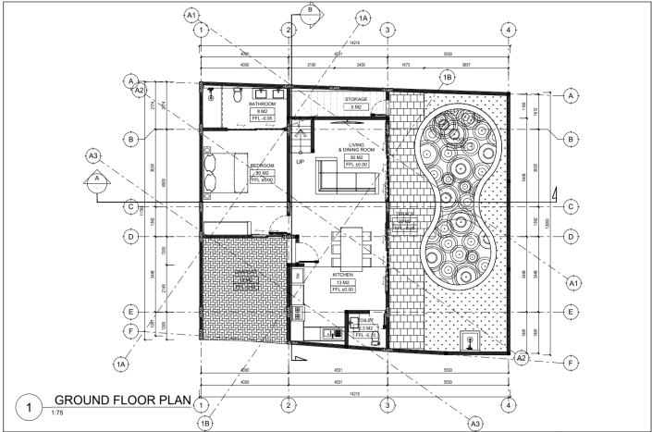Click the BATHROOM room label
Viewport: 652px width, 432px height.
(x=264, y=105)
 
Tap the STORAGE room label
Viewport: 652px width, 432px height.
(x=355, y=99)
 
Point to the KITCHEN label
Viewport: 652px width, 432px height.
(x=343, y=275)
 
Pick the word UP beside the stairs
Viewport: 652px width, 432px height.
(x=300, y=162)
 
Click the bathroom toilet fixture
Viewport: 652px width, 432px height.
(x=238, y=94)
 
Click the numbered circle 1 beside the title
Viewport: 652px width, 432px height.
(x=31, y=405)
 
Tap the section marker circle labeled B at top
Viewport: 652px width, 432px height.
(x=310, y=9)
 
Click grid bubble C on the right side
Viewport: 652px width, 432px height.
(x=572, y=205)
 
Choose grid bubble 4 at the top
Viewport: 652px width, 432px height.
(x=508, y=30)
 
